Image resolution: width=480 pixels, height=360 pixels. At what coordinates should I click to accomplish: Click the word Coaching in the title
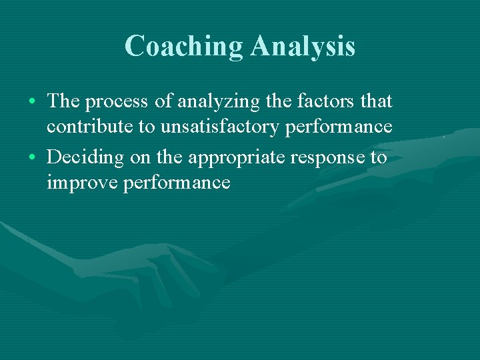[x=185, y=46]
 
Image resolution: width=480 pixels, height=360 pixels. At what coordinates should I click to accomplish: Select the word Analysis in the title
[x=303, y=46]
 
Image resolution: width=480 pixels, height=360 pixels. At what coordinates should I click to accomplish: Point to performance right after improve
[x=177, y=183]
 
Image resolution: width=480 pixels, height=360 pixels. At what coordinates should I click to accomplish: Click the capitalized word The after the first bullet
[x=63, y=101]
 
